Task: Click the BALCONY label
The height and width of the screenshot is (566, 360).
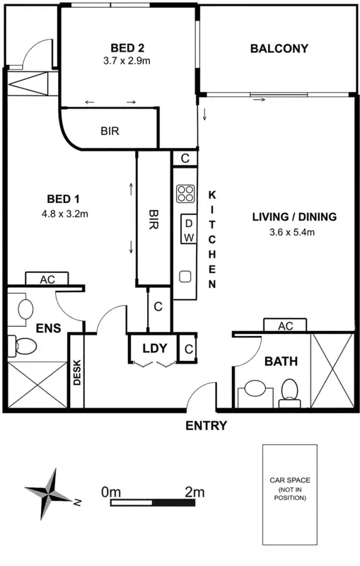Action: [x=279, y=48]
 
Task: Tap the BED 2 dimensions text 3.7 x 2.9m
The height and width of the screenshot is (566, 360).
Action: [x=127, y=61]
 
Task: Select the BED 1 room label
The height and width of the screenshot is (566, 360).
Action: [x=64, y=199]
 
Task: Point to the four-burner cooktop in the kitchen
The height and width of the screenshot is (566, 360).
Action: [x=186, y=194]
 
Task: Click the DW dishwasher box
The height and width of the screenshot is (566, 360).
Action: [x=189, y=229]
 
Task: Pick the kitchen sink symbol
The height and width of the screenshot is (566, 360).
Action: [x=185, y=277]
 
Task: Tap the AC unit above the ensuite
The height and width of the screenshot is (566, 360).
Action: [x=47, y=279]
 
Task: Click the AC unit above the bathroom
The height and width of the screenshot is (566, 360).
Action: [x=285, y=325]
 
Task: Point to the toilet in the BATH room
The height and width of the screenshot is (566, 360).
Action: [x=289, y=393]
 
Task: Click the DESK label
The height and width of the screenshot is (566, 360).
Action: [x=77, y=372]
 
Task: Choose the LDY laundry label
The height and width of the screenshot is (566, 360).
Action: [x=155, y=349]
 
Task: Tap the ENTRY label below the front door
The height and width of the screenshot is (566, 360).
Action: [x=207, y=426]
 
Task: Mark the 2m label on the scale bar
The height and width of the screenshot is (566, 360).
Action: [x=194, y=492]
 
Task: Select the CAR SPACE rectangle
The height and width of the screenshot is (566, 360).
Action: [x=290, y=495]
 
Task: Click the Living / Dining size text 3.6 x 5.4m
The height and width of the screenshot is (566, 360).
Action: [x=292, y=232]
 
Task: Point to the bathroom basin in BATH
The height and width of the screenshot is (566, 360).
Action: [x=255, y=390]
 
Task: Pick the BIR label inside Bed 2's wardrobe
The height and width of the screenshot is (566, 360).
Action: [x=110, y=131]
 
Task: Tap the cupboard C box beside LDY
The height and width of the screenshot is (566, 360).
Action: [x=189, y=349]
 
